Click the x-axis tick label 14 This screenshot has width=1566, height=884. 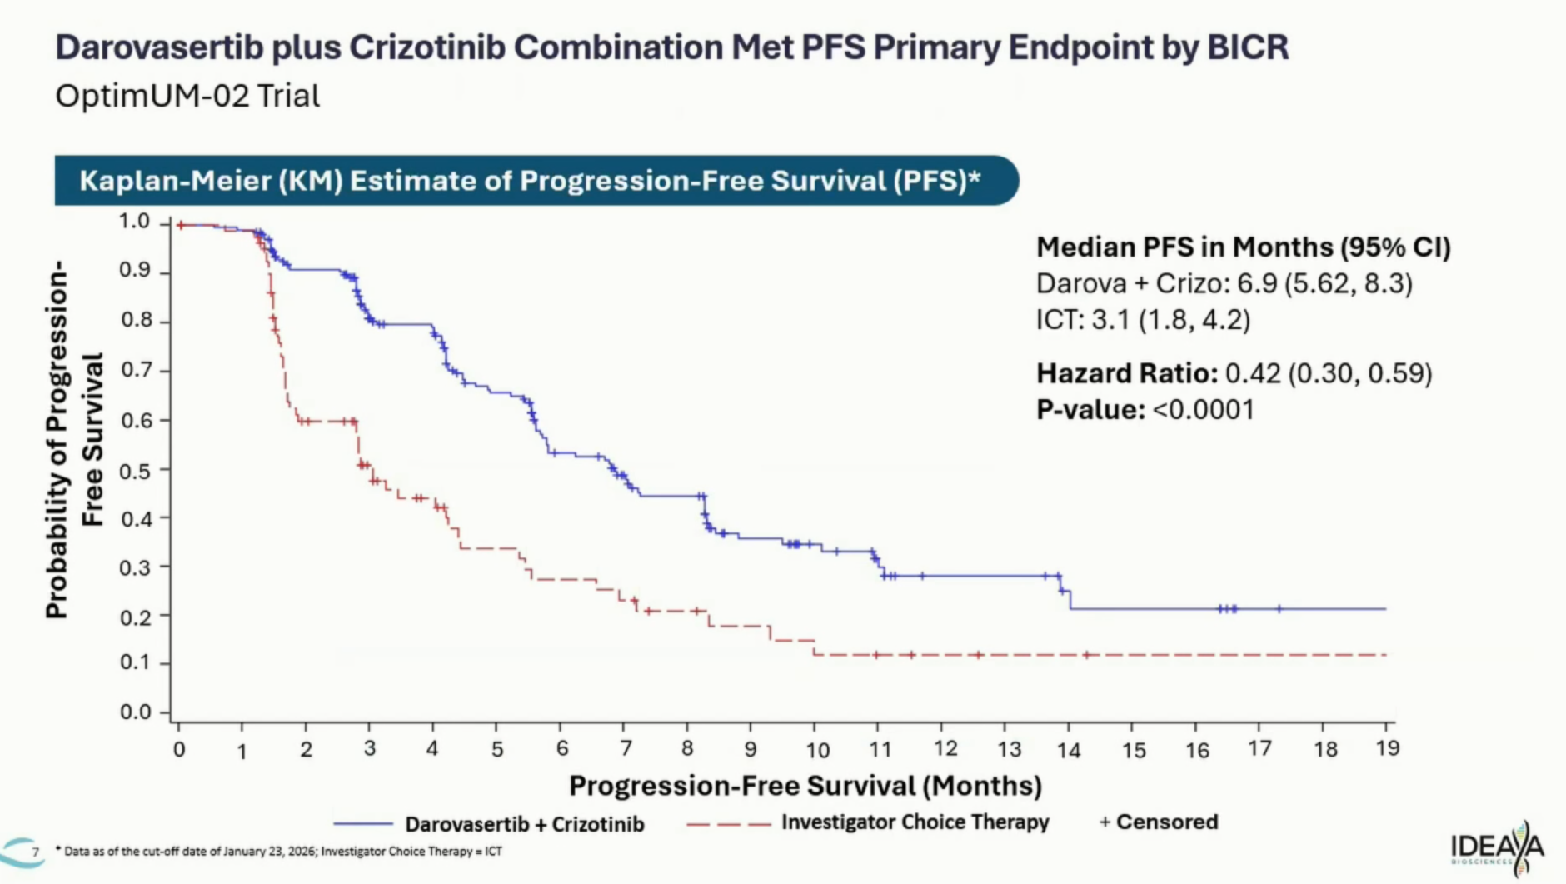(1069, 751)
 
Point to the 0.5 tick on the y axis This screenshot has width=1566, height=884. (137, 471)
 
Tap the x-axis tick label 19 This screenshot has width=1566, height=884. (1388, 748)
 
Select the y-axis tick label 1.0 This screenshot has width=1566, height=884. (134, 222)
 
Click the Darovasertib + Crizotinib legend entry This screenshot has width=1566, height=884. (524, 824)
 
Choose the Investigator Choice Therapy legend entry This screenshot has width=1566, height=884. (915, 822)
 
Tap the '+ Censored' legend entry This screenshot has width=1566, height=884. (1159, 822)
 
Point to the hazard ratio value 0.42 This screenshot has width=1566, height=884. (1253, 373)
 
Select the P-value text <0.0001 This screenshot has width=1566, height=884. (1204, 410)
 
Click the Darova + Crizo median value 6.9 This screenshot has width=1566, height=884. (1257, 284)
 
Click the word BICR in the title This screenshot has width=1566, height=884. (1248, 47)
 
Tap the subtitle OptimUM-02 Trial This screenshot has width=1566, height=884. (187, 96)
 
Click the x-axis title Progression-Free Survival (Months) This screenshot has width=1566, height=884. (805, 786)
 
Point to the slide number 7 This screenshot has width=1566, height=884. (35, 852)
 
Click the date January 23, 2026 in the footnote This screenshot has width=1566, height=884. (275, 852)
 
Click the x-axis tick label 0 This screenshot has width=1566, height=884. (179, 750)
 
